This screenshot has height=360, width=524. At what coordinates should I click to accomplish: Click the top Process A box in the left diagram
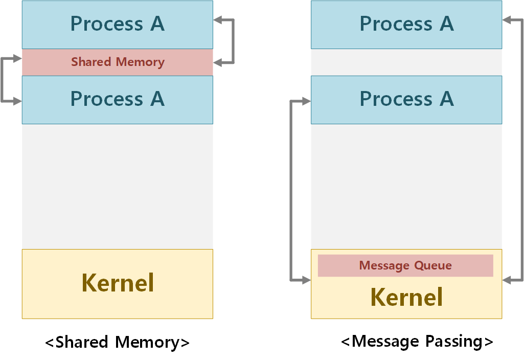pyautogui.click(x=117, y=25)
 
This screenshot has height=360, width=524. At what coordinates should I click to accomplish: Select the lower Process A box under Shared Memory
pyautogui.click(x=117, y=99)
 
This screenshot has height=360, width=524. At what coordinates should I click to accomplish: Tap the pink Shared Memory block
pyautogui.click(x=117, y=62)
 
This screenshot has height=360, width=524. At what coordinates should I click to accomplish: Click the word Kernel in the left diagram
pyautogui.click(x=118, y=283)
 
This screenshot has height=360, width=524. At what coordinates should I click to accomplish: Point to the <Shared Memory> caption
pyautogui.click(x=117, y=342)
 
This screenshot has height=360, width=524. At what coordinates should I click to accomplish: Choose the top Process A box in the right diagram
pyautogui.click(x=406, y=25)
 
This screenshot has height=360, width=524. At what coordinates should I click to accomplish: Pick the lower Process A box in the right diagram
pyautogui.click(x=406, y=99)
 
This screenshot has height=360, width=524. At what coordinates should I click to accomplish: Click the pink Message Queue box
pyautogui.click(x=405, y=266)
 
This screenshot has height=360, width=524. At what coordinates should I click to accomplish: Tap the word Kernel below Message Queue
pyautogui.click(x=406, y=297)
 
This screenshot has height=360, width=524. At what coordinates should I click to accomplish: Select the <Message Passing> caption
pyautogui.click(x=417, y=341)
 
